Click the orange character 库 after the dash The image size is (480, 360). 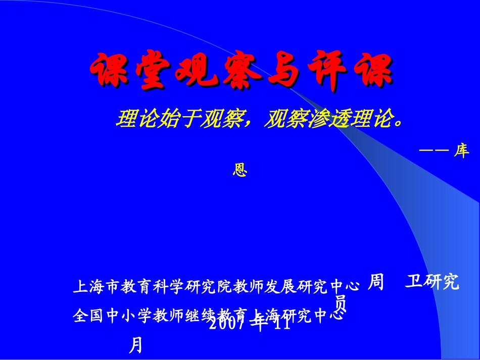click(x=461, y=151)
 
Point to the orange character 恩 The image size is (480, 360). click(x=239, y=170)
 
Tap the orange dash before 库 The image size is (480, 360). click(x=434, y=150)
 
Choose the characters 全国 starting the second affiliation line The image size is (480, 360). click(x=90, y=316)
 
